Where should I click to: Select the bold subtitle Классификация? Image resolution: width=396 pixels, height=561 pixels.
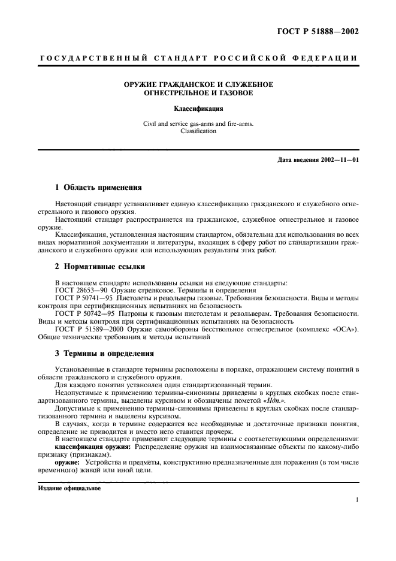pos(198,109)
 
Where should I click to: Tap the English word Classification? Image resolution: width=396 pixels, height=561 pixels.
pos(198,131)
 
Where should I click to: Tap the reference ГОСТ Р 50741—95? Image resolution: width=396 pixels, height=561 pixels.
pos(84,297)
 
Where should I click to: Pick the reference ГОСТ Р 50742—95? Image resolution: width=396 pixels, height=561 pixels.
pos(84,313)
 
